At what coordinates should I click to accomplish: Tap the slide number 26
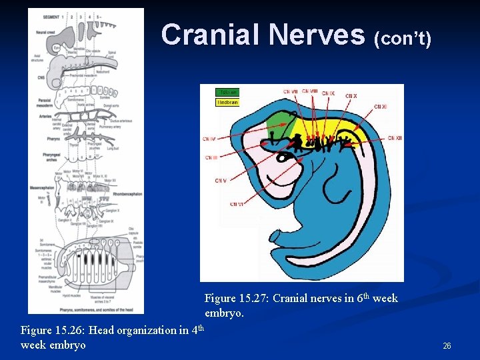[x=447, y=346]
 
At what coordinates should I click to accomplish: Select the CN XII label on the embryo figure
[x=395, y=138]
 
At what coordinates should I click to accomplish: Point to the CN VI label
[x=236, y=204]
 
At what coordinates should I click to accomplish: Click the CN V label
[x=221, y=181]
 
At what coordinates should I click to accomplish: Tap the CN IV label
[x=209, y=139]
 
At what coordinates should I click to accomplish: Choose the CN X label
[x=351, y=96]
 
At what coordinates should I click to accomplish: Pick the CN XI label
[x=380, y=107]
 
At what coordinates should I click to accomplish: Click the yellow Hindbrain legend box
[x=227, y=102]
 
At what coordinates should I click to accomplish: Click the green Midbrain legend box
[x=227, y=92]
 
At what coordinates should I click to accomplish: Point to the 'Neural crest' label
[x=44, y=31]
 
